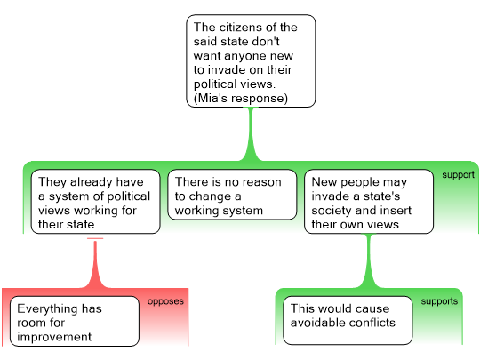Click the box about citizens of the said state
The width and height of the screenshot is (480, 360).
click(251, 61)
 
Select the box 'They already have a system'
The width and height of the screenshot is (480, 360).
click(95, 202)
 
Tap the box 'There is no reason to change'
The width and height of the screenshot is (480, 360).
click(232, 195)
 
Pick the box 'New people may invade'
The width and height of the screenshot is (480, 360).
click(369, 202)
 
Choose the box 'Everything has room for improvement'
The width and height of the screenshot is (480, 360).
click(75, 321)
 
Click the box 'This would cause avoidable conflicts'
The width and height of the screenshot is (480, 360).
click(348, 320)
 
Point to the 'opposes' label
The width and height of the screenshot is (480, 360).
click(165, 301)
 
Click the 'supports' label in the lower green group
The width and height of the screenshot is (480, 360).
click(439, 301)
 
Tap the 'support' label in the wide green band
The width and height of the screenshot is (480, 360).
click(459, 175)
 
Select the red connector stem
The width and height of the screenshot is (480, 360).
click(95, 263)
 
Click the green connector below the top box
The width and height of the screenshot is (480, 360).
click(251, 134)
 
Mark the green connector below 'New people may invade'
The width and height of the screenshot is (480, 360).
click(369, 260)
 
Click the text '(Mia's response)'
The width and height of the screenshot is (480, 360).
click(241, 99)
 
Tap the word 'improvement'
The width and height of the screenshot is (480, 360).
click(54, 337)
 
